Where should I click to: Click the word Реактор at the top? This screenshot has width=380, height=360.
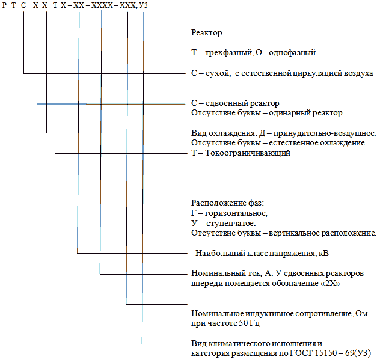tap(206, 33)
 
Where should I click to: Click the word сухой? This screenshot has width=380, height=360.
tap(218, 73)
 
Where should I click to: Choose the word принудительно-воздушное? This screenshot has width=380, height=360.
tap(325, 133)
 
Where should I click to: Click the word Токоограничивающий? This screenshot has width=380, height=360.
tap(248, 153)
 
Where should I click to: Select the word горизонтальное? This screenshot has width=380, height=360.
tap(236, 213)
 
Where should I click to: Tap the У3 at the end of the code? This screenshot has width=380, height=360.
tap(143, 5)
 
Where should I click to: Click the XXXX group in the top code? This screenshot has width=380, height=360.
tap(102, 5)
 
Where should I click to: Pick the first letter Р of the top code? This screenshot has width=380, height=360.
tap(4, 5)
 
